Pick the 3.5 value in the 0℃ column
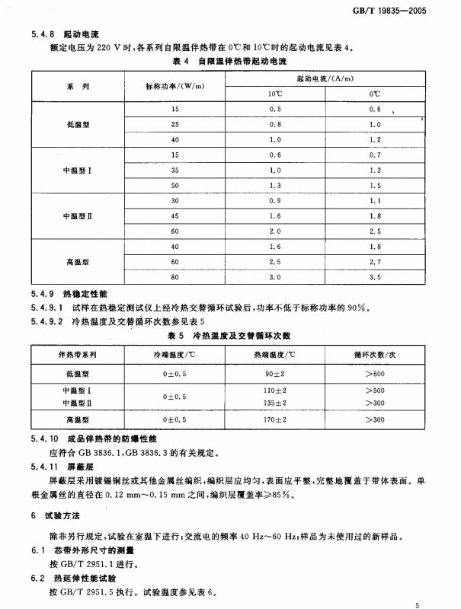(375, 277)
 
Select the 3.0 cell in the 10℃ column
(274, 277)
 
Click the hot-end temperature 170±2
(275, 420)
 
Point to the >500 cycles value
(374, 391)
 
